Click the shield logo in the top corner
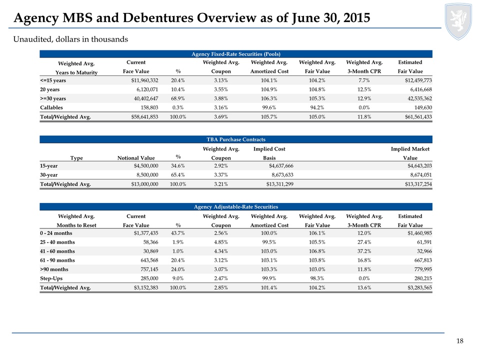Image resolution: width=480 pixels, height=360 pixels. (x=458, y=21)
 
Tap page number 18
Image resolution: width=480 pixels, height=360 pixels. (x=460, y=341)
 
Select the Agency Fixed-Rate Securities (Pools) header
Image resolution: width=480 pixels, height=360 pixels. (x=235, y=54)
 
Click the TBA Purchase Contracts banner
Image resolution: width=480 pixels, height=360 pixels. (x=235, y=139)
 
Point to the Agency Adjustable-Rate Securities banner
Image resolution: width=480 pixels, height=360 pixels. (x=235, y=207)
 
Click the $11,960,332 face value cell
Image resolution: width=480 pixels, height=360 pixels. (x=145, y=80)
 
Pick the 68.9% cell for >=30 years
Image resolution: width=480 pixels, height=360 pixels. (x=178, y=98)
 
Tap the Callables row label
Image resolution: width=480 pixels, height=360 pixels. (x=51, y=108)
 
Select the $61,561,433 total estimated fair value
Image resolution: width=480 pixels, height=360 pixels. (x=418, y=117)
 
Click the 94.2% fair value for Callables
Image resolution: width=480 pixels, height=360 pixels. (x=317, y=108)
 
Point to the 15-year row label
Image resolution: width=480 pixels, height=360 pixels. (x=48, y=166)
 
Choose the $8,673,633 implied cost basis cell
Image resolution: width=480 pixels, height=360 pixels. (x=282, y=175)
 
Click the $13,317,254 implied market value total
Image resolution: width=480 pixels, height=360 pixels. (x=418, y=184)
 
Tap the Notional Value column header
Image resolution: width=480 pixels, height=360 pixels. (x=136, y=158)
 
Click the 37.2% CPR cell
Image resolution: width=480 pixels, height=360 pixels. (x=364, y=251)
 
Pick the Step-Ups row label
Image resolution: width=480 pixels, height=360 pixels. (x=51, y=278)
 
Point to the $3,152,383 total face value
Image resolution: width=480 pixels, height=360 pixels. (x=146, y=288)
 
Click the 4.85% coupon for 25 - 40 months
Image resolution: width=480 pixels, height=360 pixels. (x=220, y=242)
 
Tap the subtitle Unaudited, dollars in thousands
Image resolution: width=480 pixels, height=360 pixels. (x=70, y=39)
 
